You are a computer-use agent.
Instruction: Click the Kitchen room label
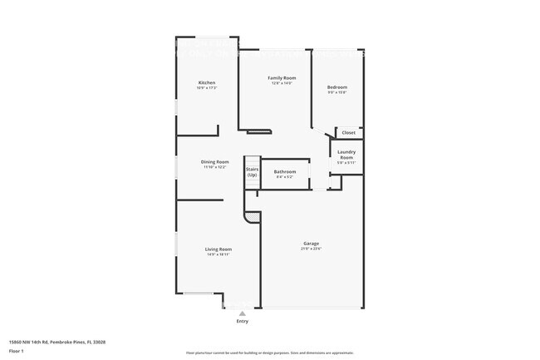tap(207, 82)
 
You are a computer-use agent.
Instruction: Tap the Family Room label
tap(282, 78)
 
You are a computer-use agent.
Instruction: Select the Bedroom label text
tap(336, 87)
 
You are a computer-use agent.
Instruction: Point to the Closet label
tap(348, 132)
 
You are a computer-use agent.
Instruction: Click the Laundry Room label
tap(346, 155)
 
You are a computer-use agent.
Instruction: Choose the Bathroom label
tap(285, 171)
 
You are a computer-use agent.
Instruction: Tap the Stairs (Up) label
tap(252, 172)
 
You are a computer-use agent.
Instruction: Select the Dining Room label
tap(215, 162)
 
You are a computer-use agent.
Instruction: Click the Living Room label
tap(218, 249)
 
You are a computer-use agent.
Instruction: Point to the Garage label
tap(312, 244)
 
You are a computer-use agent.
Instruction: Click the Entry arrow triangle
tap(243, 313)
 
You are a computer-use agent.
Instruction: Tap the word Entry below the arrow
tap(243, 321)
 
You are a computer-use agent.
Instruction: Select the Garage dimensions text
tap(312, 249)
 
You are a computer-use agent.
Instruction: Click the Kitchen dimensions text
tap(207, 87)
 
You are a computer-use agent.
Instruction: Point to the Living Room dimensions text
tap(218, 254)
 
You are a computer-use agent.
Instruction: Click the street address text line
tap(56, 341)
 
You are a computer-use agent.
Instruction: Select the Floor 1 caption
tap(17, 350)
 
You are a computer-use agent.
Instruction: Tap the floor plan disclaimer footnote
tap(269, 353)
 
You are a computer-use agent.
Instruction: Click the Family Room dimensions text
tap(282, 83)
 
